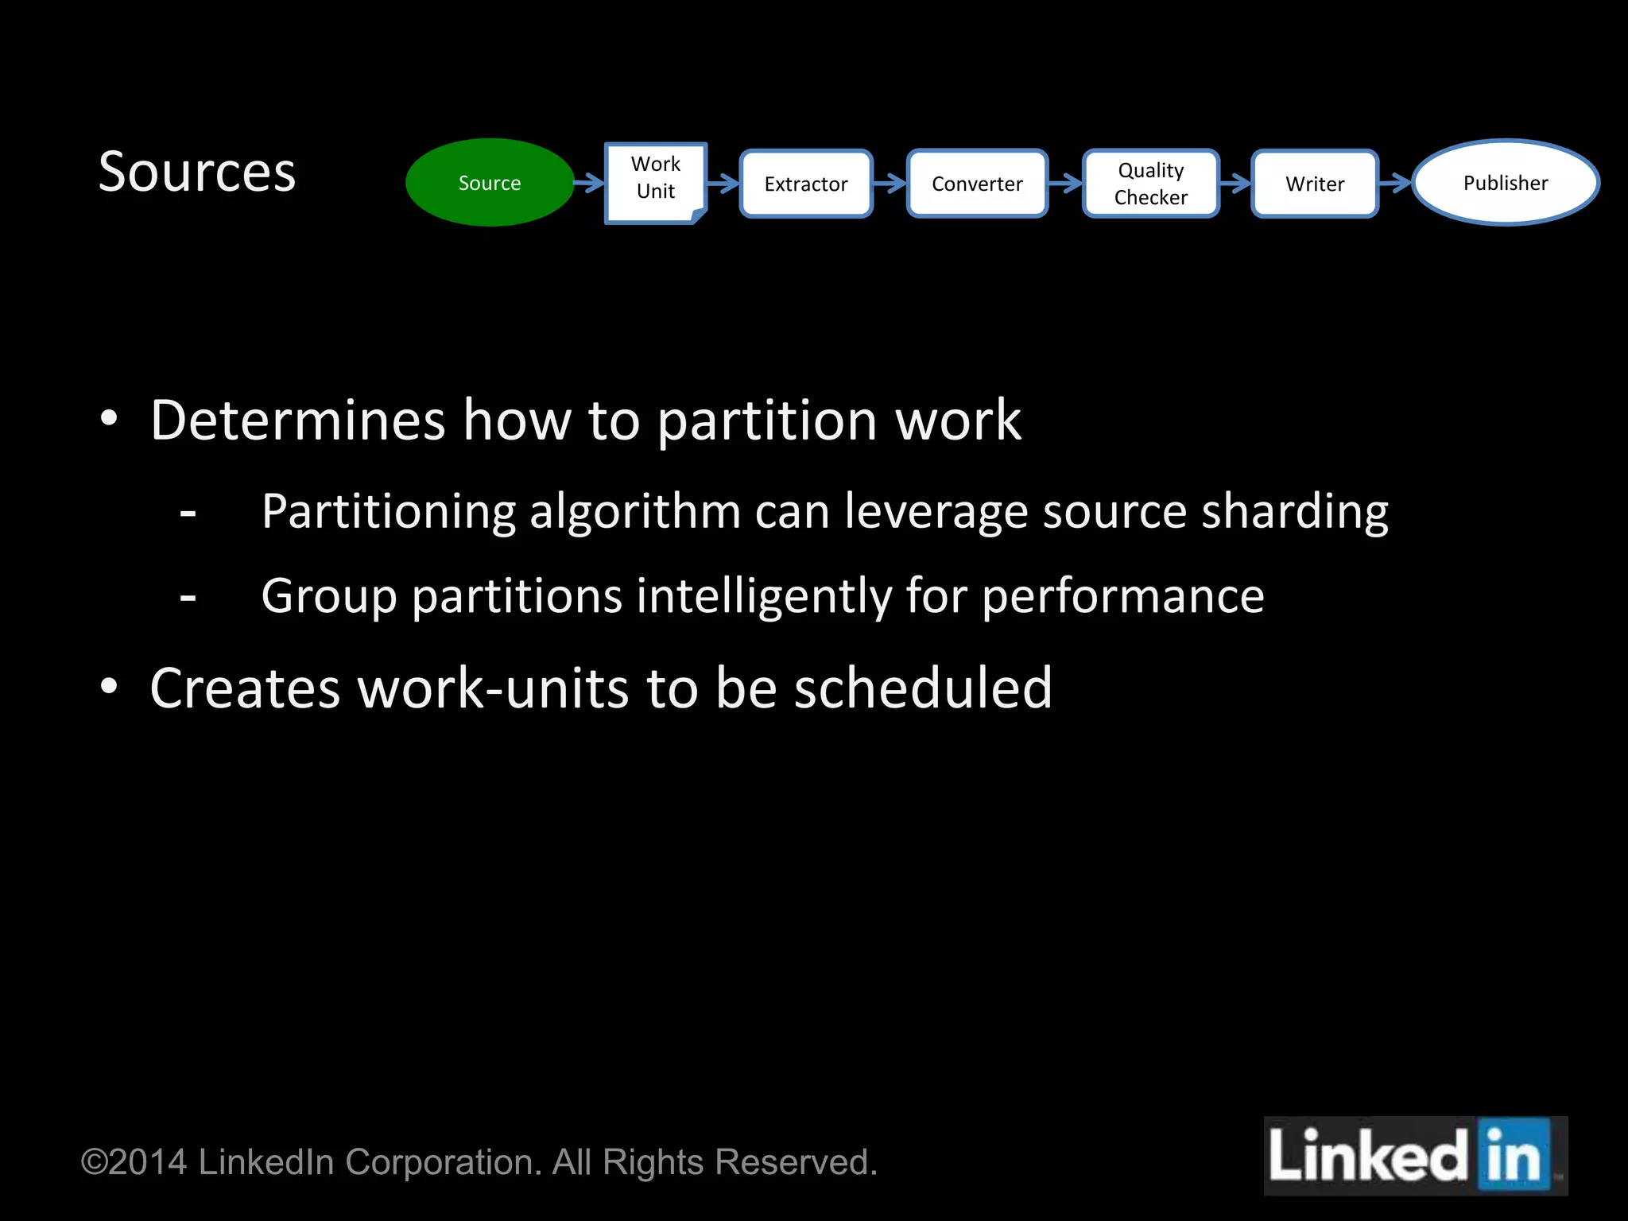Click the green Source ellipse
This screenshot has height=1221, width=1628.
[x=490, y=183]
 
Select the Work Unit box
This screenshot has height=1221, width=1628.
[x=656, y=181]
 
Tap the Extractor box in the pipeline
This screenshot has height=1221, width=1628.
[x=806, y=184]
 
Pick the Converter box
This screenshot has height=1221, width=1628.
[x=977, y=184]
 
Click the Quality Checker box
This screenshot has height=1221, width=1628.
[x=1150, y=184]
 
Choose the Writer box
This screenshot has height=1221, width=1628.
[x=1315, y=184]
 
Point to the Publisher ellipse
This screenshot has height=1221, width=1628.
[x=1506, y=183]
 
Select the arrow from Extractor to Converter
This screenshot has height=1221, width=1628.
[x=890, y=184]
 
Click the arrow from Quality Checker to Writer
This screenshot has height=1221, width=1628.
[x=1235, y=184]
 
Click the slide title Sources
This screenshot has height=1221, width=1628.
[x=197, y=172]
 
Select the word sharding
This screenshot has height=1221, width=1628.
[x=1295, y=511]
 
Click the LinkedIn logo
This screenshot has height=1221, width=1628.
[x=1415, y=1156]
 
